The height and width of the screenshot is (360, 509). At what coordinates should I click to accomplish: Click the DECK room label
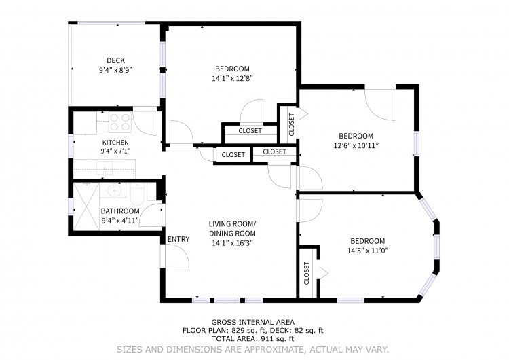[115, 60]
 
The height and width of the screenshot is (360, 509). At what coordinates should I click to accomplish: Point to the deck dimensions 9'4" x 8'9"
[115, 69]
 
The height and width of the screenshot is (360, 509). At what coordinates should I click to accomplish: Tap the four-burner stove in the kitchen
[120, 122]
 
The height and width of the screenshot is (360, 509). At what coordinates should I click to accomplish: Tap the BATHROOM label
[120, 211]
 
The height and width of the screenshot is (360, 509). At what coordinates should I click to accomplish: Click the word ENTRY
[178, 239]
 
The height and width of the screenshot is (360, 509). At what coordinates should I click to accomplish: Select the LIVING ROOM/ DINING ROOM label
[232, 228]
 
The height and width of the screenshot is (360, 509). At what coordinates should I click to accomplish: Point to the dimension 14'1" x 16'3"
[232, 242]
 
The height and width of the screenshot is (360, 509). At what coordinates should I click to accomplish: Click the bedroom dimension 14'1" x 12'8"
[232, 77]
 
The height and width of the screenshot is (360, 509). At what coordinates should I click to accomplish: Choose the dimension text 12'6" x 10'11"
[356, 145]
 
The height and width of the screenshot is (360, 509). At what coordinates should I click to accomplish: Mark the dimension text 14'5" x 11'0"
[367, 250]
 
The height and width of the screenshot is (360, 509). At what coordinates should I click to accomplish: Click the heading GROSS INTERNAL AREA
[252, 322]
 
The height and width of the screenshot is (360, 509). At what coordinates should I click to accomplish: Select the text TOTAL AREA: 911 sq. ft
[252, 338]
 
